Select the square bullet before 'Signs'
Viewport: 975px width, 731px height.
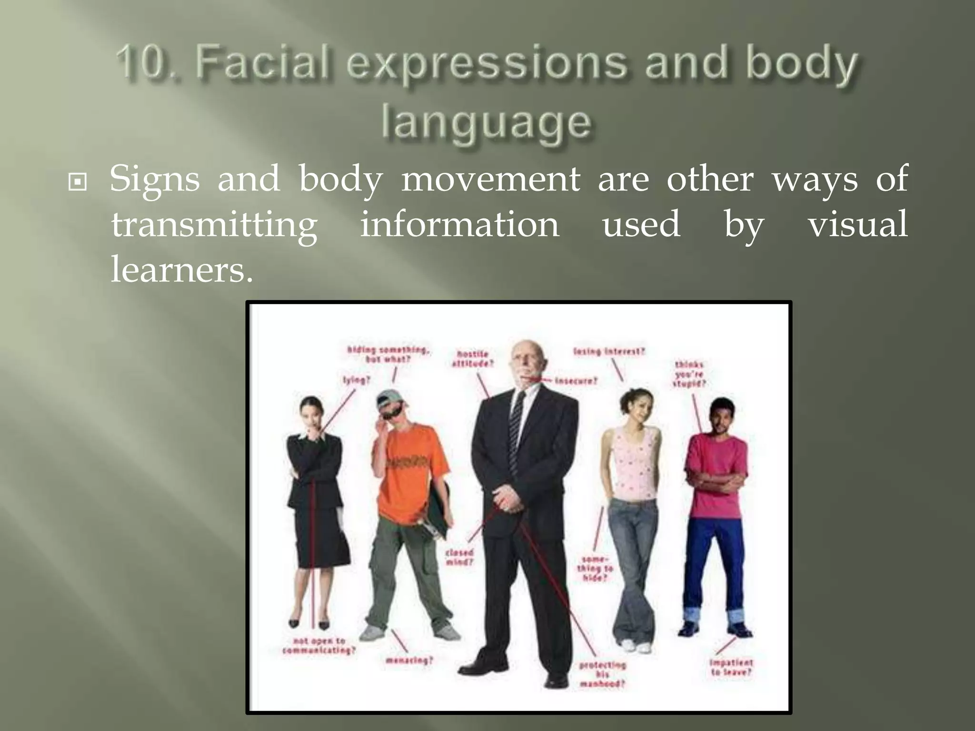pos(78,181)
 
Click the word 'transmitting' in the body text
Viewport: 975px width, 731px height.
pos(214,225)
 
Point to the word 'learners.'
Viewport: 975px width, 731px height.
pos(181,270)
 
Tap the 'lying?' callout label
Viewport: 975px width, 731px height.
pos(357,380)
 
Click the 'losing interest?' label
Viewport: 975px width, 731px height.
pos(609,352)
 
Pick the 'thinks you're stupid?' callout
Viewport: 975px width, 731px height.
pos(689,374)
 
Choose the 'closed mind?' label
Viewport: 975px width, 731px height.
pos(459,557)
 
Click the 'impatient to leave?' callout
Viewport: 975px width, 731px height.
pos(731,667)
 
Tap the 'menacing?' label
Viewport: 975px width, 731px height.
pos(409,661)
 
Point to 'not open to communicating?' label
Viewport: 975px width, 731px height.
pos(318,646)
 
